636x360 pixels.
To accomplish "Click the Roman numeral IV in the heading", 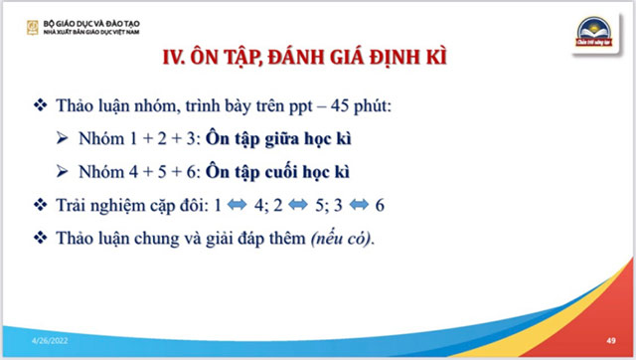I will pos(174,58).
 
